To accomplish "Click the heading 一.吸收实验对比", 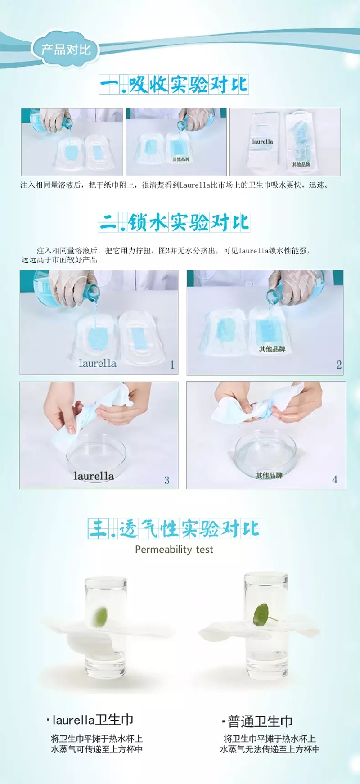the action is tap(174, 84).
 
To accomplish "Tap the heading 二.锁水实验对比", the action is tap(174, 222).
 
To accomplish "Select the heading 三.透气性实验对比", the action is tap(174, 528).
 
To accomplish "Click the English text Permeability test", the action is tap(174, 550).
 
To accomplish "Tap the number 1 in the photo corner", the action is tap(172, 365).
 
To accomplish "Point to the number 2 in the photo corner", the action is tap(339, 365).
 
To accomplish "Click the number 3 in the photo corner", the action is tap(166, 480).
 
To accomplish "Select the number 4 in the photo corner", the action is tap(335, 480).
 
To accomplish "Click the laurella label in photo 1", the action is tap(98, 363).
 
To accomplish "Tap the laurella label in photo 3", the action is tap(94, 476).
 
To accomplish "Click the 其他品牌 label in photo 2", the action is tap(272, 349).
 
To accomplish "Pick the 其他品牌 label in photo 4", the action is tap(269, 475).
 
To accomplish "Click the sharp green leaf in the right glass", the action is tap(262, 614).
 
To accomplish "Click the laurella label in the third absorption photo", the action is tap(262, 142).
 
